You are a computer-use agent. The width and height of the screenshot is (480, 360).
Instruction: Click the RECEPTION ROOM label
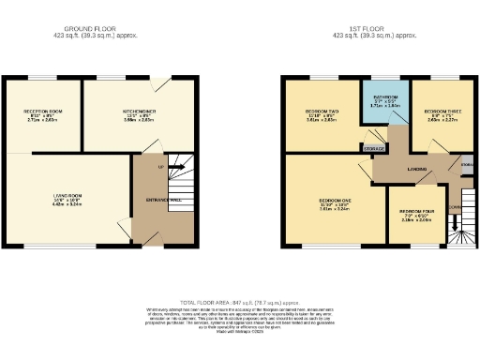[42, 112]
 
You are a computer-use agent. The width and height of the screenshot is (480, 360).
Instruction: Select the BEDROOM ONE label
[334, 201]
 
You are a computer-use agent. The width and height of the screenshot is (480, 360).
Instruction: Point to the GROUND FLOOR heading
[97, 30]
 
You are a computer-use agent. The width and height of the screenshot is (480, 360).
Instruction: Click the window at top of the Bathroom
[383, 77]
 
